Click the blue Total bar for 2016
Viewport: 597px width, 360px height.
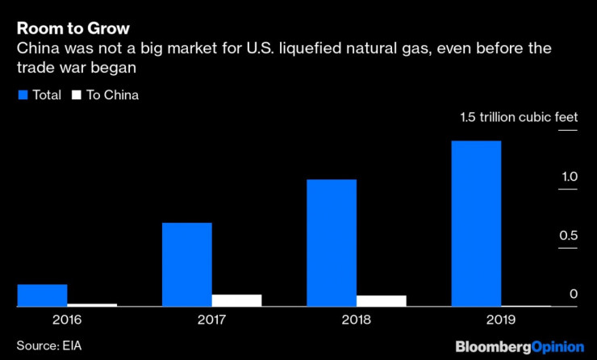[x=42, y=295]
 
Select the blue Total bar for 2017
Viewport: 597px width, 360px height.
[x=186, y=265]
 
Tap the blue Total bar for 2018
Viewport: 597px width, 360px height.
[x=332, y=243]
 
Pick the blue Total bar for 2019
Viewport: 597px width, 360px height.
[x=476, y=224]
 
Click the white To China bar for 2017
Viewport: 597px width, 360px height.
[x=237, y=300]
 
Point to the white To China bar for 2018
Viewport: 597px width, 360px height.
[x=382, y=301]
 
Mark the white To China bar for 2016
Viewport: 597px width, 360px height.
[x=92, y=305]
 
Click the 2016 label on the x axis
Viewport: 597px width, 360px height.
[x=67, y=320]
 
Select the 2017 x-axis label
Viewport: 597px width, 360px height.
[x=211, y=320]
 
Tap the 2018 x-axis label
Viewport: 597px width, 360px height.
[x=357, y=320]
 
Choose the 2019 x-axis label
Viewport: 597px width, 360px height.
[x=501, y=320]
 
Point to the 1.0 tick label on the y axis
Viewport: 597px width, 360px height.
[x=570, y=177]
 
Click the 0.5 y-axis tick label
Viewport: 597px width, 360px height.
[x=570, y=236]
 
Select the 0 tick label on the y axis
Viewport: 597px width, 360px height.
[x=574, y=294]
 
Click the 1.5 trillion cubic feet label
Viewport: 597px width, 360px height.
[x=519, y=118]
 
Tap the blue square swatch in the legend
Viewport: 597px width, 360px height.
[x=22, y=95]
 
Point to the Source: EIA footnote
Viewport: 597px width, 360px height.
[x=49, y=345]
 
